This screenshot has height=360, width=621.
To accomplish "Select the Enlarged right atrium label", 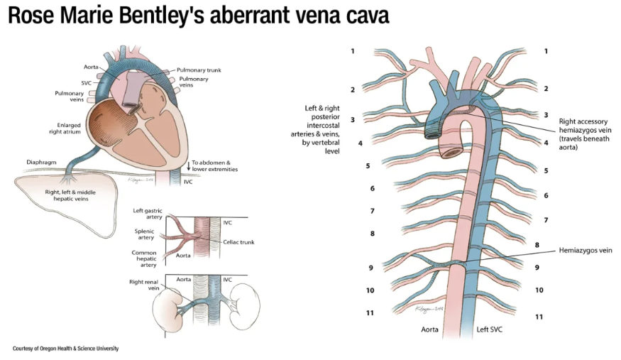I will pyautogui.click(x=65, y=129).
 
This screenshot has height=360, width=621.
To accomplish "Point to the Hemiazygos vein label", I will pyautogui.click(x=585, y=250).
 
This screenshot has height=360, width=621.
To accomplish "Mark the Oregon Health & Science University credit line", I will pyautogui.click(x=65, y=349).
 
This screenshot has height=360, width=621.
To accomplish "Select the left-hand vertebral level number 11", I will pyautogui.click(x=370, y=312).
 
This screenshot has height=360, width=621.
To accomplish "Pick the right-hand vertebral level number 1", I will pyautogui.click(x=545, y=51).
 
